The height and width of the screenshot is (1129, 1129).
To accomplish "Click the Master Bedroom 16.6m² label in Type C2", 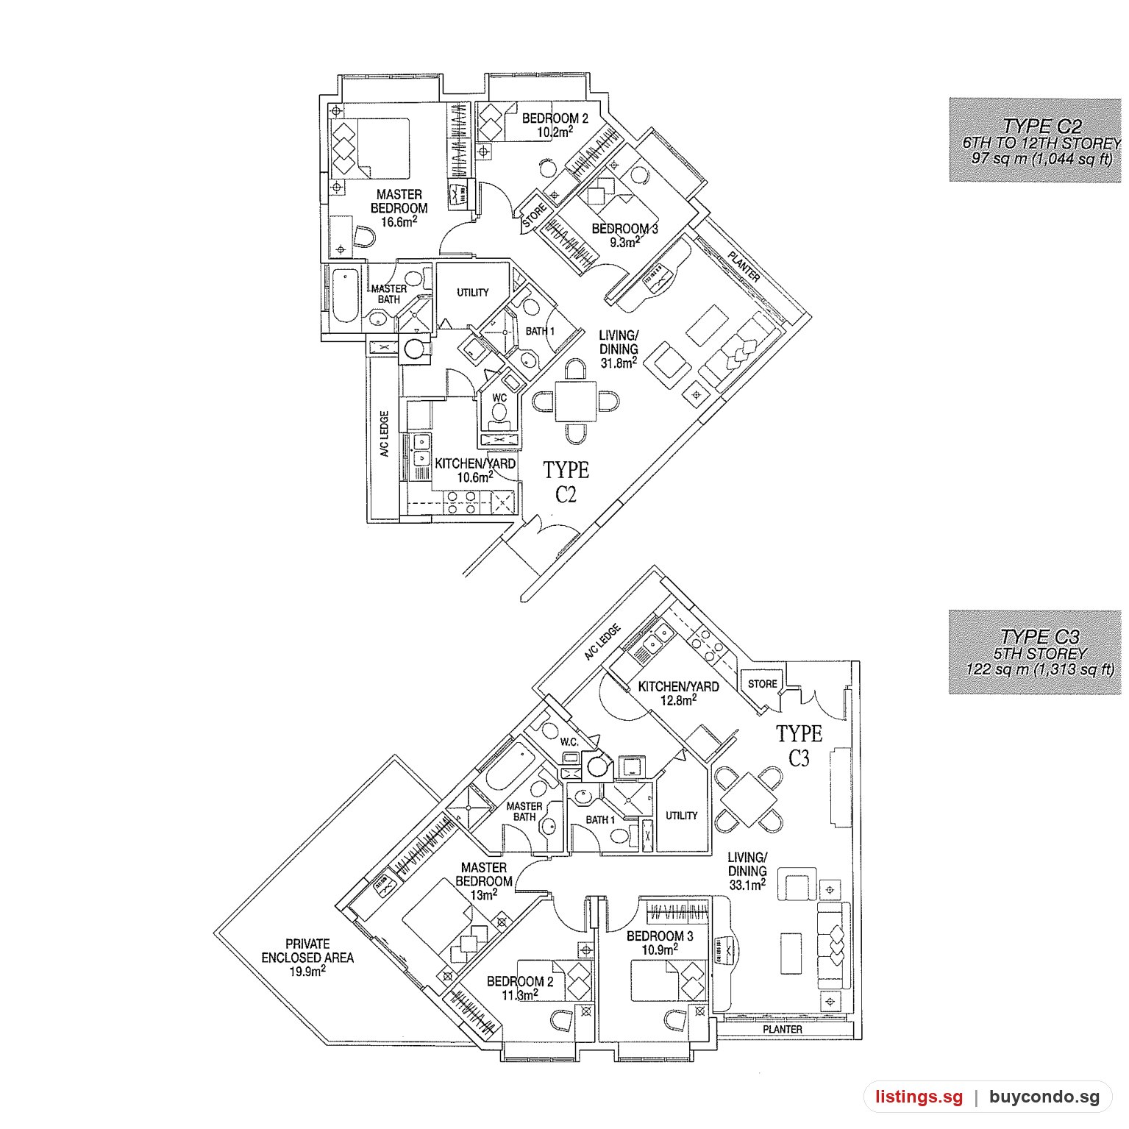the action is tap(399, 208).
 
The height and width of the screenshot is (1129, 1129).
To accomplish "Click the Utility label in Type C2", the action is tap(473, 293).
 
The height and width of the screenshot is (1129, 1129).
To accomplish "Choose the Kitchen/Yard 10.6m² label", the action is tap(474, 471).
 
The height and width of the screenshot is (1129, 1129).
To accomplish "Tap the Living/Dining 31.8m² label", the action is tap(619, 349).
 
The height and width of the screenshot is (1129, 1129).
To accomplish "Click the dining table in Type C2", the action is tap(575, 402).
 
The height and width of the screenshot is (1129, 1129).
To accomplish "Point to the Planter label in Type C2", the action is tap(744, 266).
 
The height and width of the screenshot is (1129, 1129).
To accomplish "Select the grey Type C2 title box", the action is tap(1035, 140).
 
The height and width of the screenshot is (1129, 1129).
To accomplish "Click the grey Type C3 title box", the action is tap(1035, 652).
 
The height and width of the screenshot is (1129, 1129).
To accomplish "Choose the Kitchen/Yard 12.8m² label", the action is tap(678, 694).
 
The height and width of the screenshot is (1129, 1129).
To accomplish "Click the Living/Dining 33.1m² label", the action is tap(747, 871).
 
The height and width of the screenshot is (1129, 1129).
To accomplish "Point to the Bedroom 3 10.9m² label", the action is tap(660, 943).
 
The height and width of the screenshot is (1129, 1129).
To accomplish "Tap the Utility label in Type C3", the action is tap(682, 816).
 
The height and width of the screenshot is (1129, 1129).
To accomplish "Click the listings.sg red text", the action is tap(919, 1097).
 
